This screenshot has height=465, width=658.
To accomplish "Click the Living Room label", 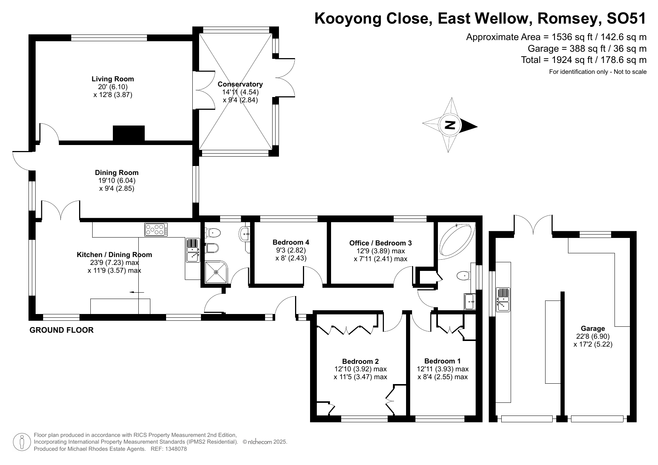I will (x=112, y=79).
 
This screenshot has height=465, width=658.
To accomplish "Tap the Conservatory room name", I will (x=240, y=84).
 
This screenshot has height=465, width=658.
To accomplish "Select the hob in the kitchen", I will (x=155, y=229).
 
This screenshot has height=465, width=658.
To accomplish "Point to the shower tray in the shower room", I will (x=216, y=272).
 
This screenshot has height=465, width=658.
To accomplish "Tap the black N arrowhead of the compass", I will (x=469, y=126).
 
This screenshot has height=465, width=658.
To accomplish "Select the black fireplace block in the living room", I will (x=129, y=133).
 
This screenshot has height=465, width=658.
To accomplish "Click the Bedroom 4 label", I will (x=291, y=242).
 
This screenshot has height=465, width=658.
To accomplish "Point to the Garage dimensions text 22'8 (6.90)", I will (x=593, y=336).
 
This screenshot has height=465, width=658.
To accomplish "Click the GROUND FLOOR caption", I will (x=61, y=330).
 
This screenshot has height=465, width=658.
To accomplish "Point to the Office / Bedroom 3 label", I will (x=380, y=243).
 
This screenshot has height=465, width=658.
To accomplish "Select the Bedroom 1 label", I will (x=442, y=361).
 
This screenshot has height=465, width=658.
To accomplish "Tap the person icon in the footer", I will (x=22, y=442).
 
